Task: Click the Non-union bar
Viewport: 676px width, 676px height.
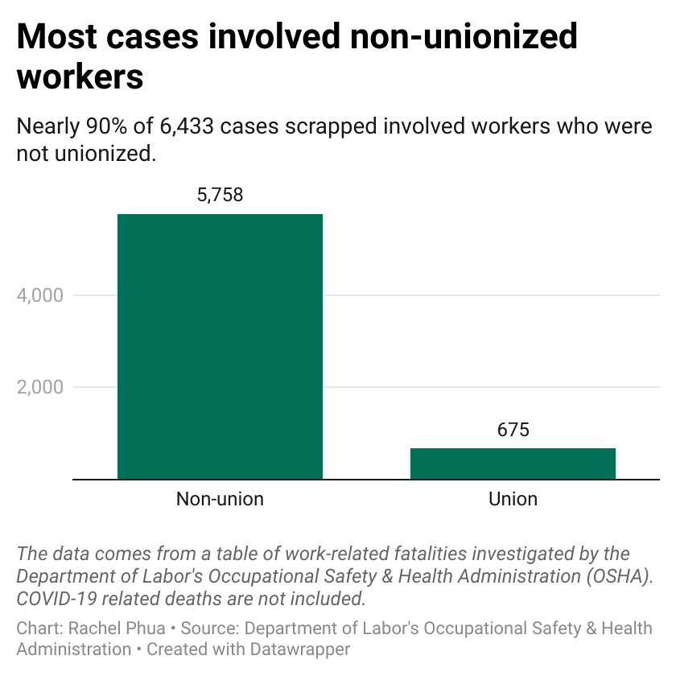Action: pyautogui.click(x=220, y=346)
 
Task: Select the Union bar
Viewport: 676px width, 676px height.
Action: pyautogui.click(x=513, y=464)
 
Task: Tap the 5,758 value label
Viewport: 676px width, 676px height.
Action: pyautogui.click(x=220, y=195)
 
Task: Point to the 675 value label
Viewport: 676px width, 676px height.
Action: pyautogui.click(x=513, y=430)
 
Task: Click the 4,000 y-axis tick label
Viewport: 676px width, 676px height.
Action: pyautogui.click(x=39, y=295)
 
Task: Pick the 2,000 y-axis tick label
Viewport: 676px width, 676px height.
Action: pyautogui.click(x=39, y=387)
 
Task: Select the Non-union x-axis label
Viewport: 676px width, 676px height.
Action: pyautogui.click(x=220, y=499)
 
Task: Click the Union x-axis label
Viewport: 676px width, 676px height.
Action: pyautogui.click(x=513, y=499)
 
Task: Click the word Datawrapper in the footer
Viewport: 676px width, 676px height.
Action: pyautogui.click(x=303, y=648)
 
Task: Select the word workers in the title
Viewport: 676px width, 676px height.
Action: pyautogui.click(x=80, y=76)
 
